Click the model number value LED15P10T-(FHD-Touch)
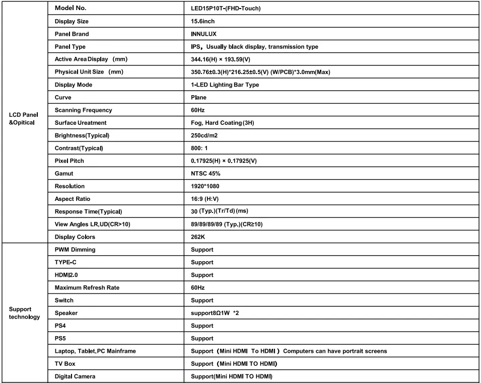tap(223, 9)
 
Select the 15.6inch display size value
tap(199, 22)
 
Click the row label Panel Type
tap(70, 47)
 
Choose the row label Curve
tap(63, 98)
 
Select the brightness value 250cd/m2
tap(201, 135)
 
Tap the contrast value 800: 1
tap(196, 148)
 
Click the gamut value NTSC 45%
tap(202, 174)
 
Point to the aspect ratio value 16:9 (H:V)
tap(201, 199)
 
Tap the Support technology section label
tap(24, 313)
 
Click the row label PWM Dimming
tap(75, 250)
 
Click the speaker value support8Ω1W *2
tap(215, 313)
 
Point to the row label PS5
tap(60, 338)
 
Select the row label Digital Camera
tap(75, 376)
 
